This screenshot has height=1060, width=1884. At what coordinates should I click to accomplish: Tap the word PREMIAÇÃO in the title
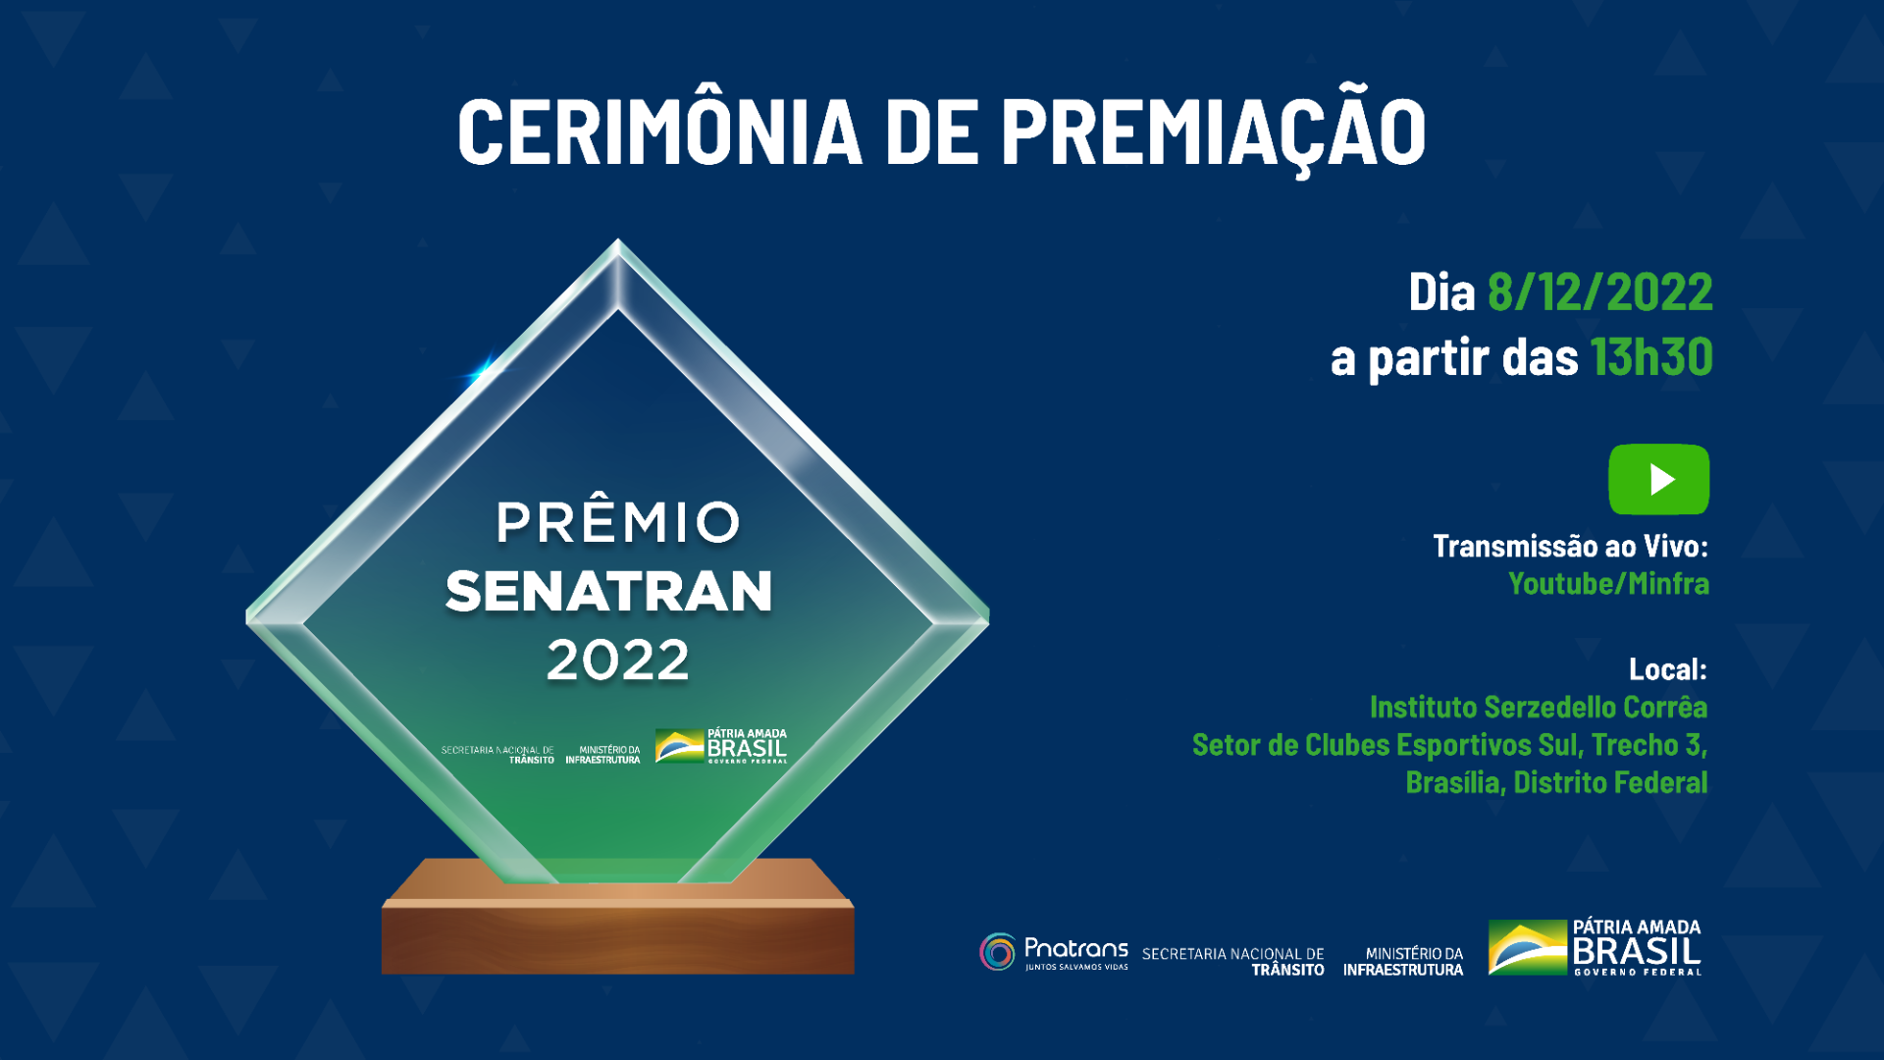pyautogui.click(x=1213, y=132)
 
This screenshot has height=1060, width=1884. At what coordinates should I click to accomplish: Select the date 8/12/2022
pyautogui.click(x=1599, y=292)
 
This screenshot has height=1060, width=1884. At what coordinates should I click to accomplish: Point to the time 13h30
pyautogui.click(x=1651, y=356)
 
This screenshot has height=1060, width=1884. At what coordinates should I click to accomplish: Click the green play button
pyautogui.click(x=1658, y=480)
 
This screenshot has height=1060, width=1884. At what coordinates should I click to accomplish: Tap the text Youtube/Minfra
pyautogui.click(x=1608, y=584)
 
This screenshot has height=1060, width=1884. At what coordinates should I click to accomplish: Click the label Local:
pyautogui.click(x=1667, y=669)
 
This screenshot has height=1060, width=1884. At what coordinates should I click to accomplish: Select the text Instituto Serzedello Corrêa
pyautogui.click(x=1538, y=708)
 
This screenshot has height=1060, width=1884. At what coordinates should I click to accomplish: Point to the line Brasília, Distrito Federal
pyautogui.click(x=1556, y=783)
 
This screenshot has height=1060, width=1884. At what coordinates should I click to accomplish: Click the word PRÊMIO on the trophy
pyautogui.click(x=617, y=522)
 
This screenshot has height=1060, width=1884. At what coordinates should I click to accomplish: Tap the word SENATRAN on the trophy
pyautogui.click(x=609, y=592)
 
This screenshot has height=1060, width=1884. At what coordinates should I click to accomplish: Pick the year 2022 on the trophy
pyautogui.click(x=618, y=660)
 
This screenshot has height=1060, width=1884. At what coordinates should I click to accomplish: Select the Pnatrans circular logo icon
pyautogui.click(x=998, y=952)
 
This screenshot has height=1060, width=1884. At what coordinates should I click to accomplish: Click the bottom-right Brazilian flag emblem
pyautogui.click(x=1527, y=948)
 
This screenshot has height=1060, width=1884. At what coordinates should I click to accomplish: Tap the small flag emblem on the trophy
pyautogui.click(x=679, y=747)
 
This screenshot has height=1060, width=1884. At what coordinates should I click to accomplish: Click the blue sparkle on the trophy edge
pyautogui.click(x=481, y=372)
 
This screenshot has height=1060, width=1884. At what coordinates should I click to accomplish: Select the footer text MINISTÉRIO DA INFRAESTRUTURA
pyautogui.click(x=1403, y=962)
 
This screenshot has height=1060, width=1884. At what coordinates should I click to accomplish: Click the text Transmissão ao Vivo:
pyautogui.click(x=1570, y=547)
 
